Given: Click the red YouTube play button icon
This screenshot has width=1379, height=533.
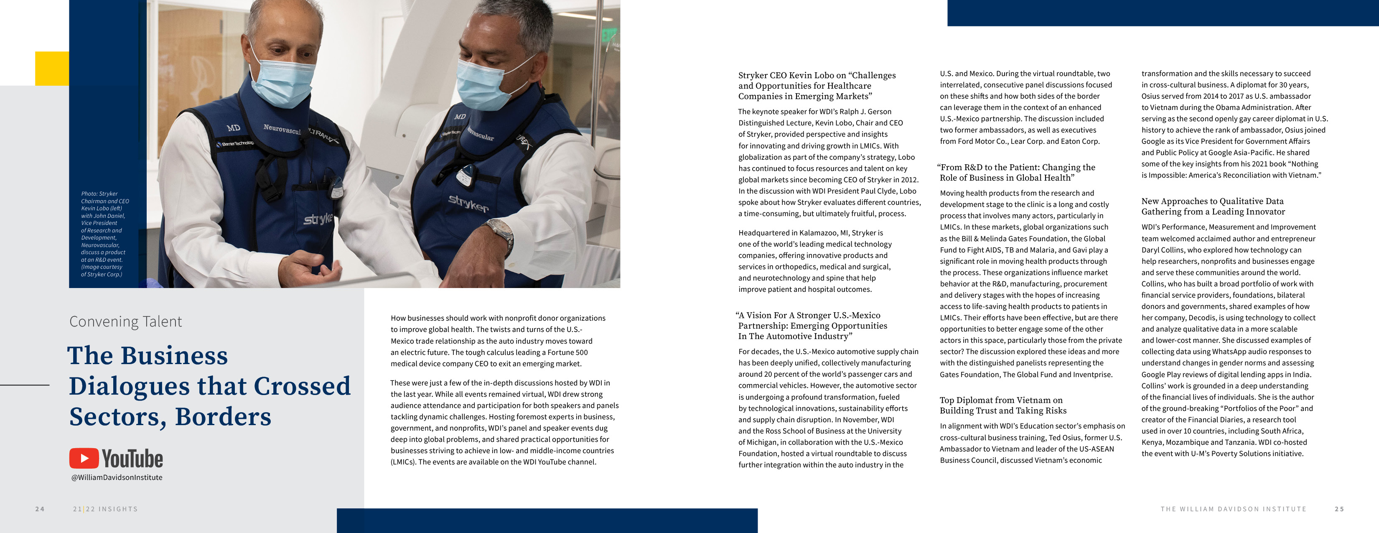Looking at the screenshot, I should (84, 459).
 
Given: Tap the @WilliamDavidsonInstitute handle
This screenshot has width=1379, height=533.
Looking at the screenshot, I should (117, 477).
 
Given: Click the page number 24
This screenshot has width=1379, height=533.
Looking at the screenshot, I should (40, 509).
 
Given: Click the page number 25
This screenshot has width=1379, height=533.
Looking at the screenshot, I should (1339, 509).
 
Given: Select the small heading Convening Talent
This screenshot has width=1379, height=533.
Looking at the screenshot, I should (126, 321).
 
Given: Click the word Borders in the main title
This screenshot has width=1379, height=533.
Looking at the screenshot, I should (223, 417).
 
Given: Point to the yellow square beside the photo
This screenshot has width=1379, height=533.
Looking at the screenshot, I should (52, 68).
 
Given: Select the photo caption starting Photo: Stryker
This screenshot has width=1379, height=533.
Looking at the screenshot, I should (105, 234).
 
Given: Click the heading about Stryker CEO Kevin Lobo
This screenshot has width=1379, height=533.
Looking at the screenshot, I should (817, 86).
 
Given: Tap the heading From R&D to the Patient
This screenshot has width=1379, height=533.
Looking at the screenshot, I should (1017, 173).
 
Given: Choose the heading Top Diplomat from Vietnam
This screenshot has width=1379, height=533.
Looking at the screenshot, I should (1002, 405).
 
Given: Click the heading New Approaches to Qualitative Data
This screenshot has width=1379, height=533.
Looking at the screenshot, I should (1213, 206).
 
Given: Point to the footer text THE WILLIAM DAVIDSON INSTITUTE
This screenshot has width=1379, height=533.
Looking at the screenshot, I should (1234, 509).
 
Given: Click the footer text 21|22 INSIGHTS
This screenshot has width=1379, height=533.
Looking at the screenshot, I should (105, 509).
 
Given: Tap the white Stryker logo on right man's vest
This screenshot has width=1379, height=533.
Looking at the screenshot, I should (468, 203).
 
